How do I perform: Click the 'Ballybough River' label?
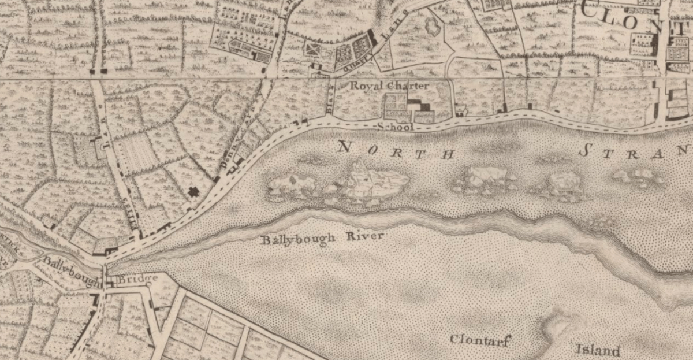click(322, 238)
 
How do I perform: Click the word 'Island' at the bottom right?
click(598, 350)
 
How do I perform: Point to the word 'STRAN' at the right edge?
click(635, 152)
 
